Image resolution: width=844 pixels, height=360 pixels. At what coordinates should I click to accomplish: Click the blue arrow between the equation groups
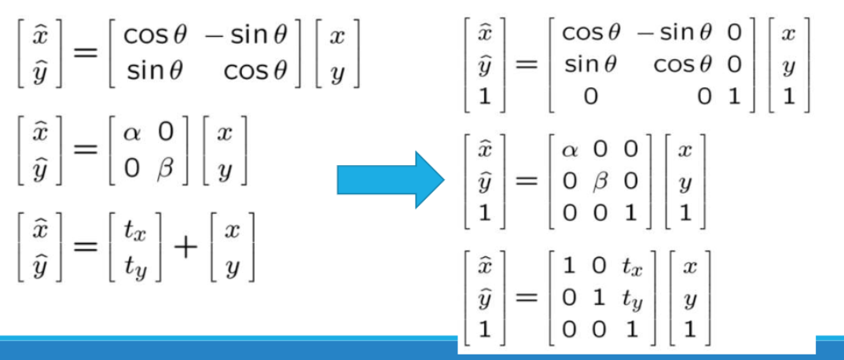point(391,180)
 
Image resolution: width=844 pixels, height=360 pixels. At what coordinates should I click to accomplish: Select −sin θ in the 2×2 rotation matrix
point(246,36)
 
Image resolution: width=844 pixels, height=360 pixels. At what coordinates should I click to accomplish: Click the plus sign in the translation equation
point(185,250)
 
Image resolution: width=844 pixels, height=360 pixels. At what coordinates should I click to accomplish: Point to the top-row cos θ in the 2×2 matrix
point(155,36)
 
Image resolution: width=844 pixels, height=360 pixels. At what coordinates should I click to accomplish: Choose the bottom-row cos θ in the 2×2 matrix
point(255,72)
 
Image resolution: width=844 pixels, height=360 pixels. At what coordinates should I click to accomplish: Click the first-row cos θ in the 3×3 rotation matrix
point(591,33)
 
